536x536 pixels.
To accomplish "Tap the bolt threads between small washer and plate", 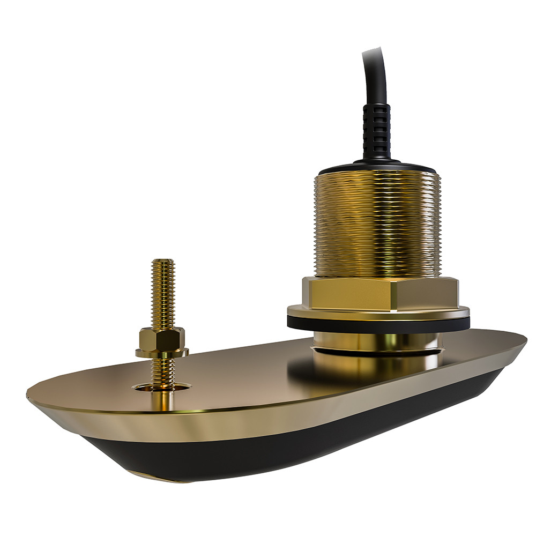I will pyautogui.click(x=161, y=370).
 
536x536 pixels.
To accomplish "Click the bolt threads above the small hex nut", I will pyautogui.click(x=163, y=295).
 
